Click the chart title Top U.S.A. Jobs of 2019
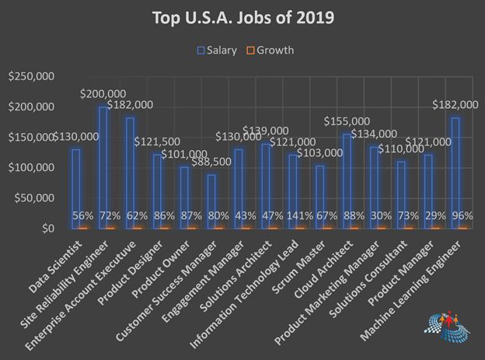242,18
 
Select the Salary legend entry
217,51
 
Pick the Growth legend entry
270,51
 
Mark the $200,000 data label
103,93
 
